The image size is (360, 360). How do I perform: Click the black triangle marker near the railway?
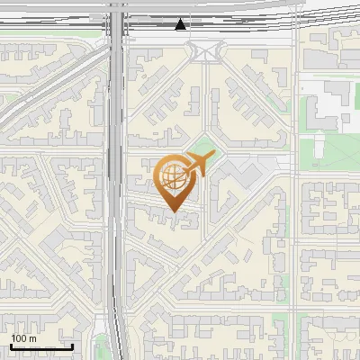click(182, 24)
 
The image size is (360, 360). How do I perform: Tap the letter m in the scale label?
click(33, 338)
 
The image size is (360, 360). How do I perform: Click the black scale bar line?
click(40, 346)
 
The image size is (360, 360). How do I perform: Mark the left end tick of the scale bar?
click(11, 346)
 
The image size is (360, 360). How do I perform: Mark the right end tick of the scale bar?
click(72, 346)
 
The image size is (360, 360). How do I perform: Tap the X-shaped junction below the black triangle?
click(206, 51)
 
